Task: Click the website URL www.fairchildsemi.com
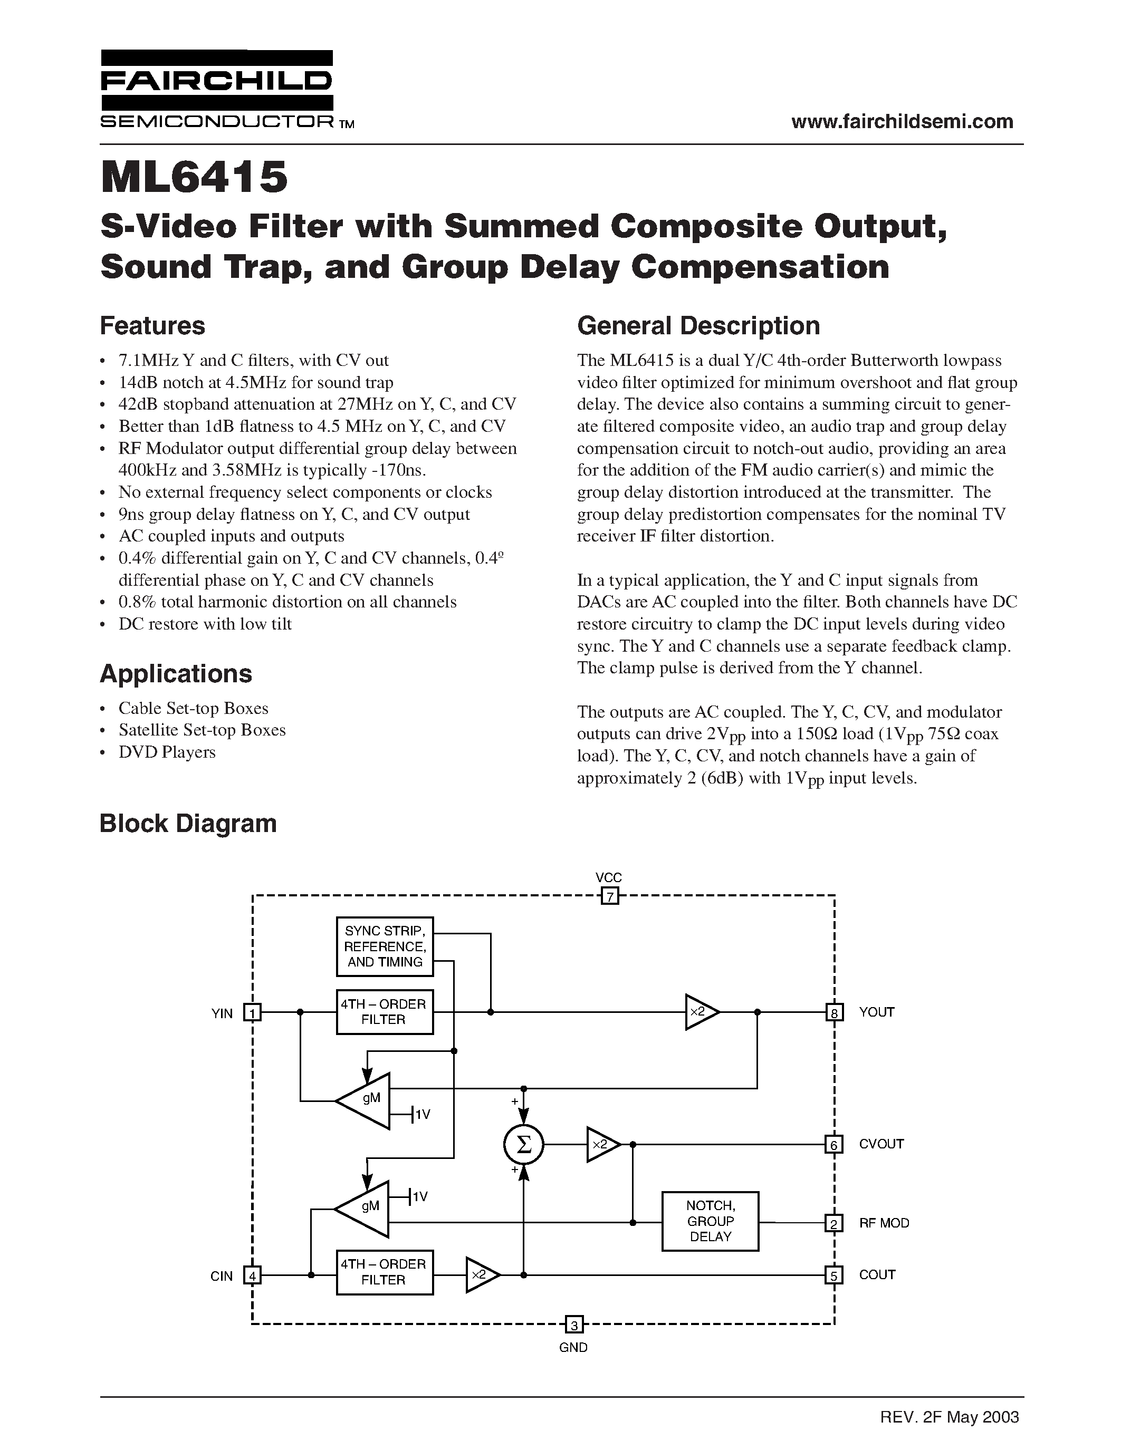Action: [x=902, y=121]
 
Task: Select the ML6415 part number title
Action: [x=194, y=177]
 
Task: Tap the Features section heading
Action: [x=152, y=326]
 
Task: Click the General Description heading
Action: [x=698, y=326]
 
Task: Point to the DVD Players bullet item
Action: [x=167, y=752]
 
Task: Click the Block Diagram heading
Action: [x=188, y=823]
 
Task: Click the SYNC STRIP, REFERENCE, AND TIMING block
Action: [x=385, y=946]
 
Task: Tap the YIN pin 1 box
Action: [x=252, y=1012]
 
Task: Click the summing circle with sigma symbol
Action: [x=523, y=1144]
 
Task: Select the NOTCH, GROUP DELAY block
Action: [x=710, y=1221]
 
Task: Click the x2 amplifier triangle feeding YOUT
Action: [x=700, y=1012]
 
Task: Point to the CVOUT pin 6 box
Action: [x=833, y=1144]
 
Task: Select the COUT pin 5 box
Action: [x=833, y=1275]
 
